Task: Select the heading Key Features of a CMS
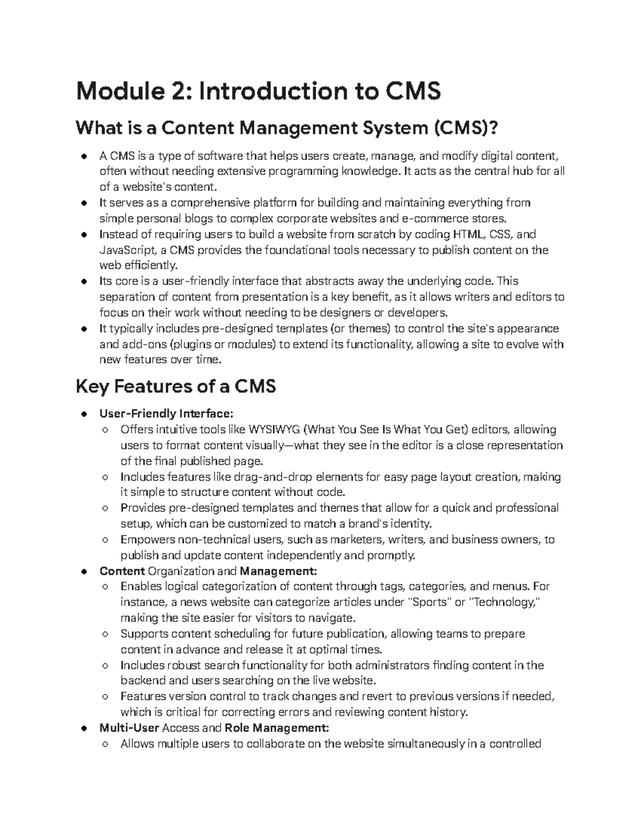pos(176,385)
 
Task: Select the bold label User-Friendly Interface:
pos(166,414)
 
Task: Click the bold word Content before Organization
pos(122,571)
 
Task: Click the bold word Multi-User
pos(129,728)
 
